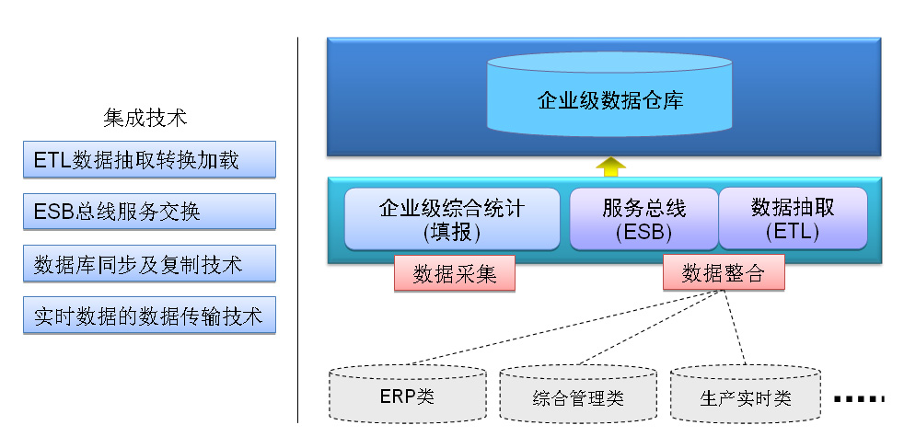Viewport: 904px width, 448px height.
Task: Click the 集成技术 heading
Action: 145,118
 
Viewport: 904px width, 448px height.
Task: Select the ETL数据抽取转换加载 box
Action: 149,159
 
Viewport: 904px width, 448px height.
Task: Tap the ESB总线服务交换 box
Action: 149,212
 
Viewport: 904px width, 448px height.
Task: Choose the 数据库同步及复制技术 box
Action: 149,264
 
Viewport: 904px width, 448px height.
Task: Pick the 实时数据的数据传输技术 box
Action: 149,315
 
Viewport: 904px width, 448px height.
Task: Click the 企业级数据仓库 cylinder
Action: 609,95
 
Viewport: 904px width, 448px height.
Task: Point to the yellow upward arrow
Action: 610,167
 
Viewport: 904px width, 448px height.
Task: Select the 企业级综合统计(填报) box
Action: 452,219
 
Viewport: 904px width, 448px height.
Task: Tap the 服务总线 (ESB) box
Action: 644,219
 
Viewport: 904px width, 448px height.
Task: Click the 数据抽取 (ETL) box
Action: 793,219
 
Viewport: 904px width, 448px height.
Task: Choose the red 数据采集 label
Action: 455,273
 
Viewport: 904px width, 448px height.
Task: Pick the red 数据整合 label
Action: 724,272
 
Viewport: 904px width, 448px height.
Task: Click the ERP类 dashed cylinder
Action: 407,394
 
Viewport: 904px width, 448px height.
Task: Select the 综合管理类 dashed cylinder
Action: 578,394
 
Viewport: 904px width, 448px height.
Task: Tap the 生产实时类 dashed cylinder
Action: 746,394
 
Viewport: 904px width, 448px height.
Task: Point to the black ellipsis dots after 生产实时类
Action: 859,398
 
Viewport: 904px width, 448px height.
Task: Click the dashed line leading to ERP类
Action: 562,327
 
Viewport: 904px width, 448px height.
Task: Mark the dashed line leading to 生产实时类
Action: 734,327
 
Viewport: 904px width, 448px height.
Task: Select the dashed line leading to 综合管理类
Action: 649,327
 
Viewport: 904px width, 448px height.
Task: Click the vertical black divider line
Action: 298,230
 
